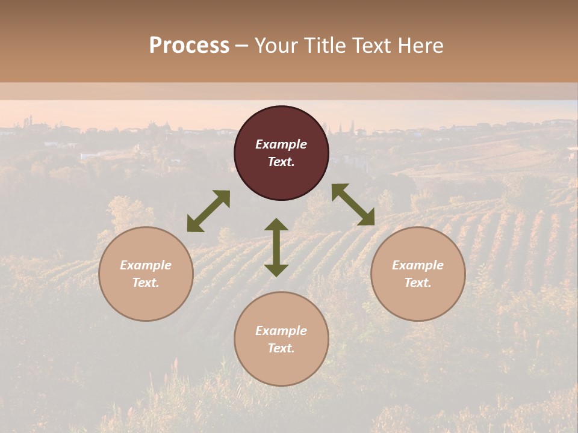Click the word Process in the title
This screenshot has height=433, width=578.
tap(189, 46)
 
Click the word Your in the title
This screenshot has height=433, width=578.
tap(278, 46)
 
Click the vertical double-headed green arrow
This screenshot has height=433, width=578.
tap(276, 247)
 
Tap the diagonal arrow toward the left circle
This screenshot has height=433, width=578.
tap(208, 211)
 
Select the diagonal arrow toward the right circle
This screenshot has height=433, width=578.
tap(353, 204)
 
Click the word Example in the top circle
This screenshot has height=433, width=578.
tap(281, 144)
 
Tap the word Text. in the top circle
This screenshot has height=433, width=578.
tap(281, 162)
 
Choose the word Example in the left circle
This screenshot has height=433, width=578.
tap(146, 265)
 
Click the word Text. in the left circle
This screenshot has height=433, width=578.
tap(146, 283)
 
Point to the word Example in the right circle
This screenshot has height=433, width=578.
tap(418, 265)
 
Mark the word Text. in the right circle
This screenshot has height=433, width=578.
tap(418, 283)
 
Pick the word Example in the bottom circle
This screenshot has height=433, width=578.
tap(281, 331)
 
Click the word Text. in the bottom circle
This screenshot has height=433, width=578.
tap(281, 348)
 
